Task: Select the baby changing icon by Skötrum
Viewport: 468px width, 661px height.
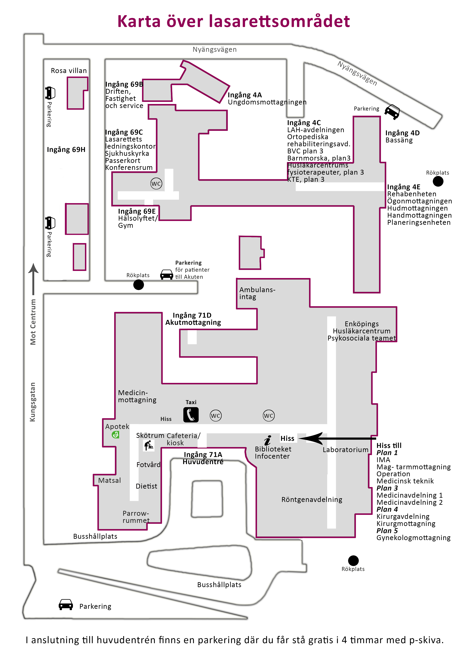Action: (x=149, y=446)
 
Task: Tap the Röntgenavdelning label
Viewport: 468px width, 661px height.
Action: (x=312, y=499)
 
